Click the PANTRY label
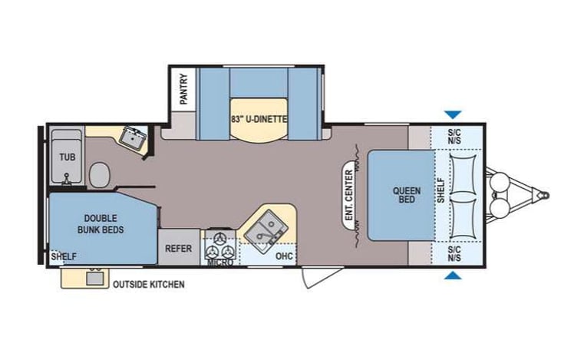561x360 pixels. click(183, 88)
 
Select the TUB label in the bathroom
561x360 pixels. click(67, 157)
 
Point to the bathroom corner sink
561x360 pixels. click(134, 139)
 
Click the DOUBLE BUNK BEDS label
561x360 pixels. click(101, 224)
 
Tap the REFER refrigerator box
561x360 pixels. click(179, 248)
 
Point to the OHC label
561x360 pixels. click(284, 256)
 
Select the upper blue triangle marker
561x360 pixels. click(453, 114)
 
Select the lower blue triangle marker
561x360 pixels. click(453, 276)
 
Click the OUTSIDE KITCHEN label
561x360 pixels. click(148, 285)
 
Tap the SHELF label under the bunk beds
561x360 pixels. click(64, 256)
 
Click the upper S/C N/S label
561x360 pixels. click(456, 137)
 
